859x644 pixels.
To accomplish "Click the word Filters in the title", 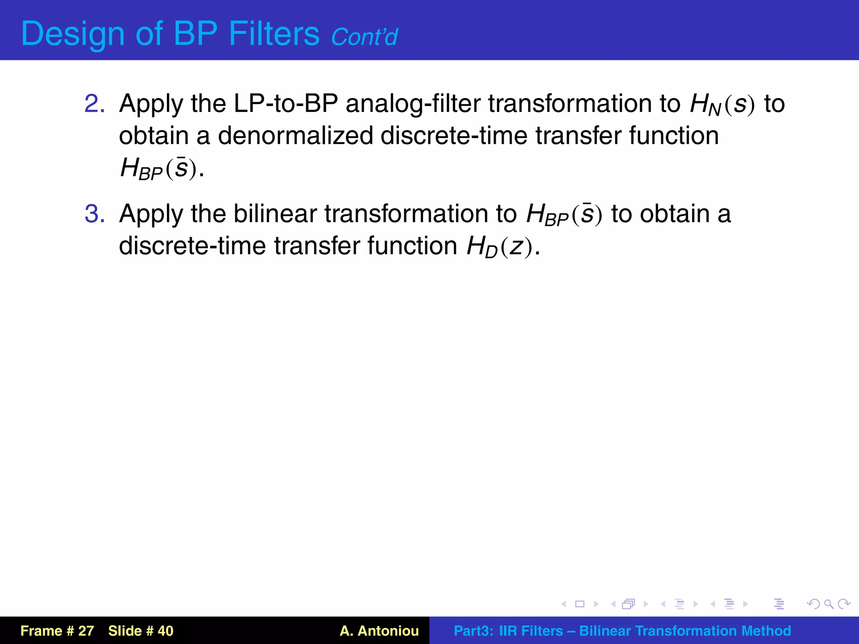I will (274, 34).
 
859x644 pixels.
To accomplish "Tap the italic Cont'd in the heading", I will (364, 37).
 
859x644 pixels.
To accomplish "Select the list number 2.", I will (94, 104).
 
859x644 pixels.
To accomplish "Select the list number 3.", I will (94, 214).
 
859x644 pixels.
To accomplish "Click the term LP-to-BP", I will (286, 104).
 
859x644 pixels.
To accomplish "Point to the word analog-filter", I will (413, 104).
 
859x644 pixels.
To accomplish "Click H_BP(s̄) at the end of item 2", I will (158, 169).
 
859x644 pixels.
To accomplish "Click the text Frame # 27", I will (57, 631).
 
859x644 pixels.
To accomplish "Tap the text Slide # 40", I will (141, 631).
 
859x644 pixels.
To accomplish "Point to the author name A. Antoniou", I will (379, 631).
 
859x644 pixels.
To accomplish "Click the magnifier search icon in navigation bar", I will (828, 604).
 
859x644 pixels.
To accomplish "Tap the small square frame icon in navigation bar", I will (580, 604).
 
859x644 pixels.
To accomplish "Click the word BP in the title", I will (195, 34).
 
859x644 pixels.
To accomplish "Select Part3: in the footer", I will (473, 631).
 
